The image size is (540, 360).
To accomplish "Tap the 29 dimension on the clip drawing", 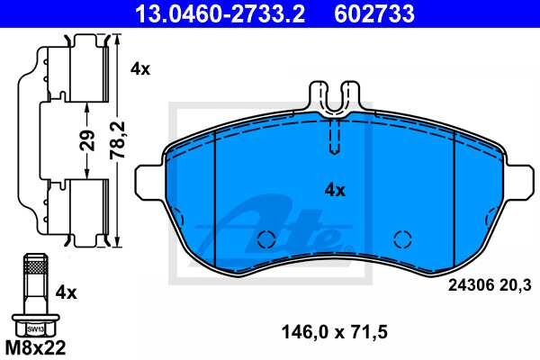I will (85, 141).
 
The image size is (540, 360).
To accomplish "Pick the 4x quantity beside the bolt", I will (68, 292).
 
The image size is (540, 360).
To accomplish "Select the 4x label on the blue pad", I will (335, 190).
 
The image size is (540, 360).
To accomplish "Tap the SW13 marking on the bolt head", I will (35, 328).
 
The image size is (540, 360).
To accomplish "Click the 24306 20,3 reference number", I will (489, 285).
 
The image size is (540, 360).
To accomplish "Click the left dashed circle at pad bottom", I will (265, 239).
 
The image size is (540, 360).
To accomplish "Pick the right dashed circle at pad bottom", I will (402, 239).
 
